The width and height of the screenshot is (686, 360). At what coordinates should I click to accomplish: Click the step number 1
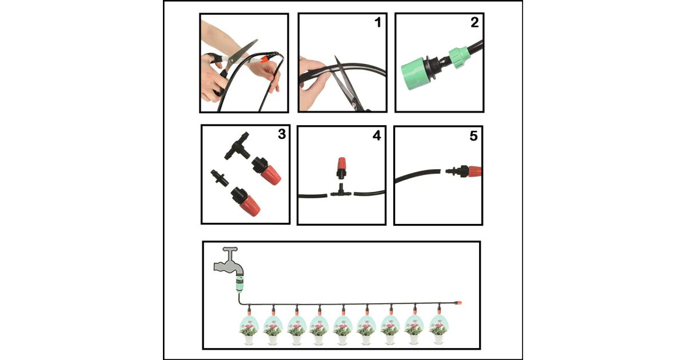coord(378,22)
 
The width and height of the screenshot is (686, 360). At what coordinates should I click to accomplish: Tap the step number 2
coord(474,22)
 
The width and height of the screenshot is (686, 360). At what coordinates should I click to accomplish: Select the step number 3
coord(282,134)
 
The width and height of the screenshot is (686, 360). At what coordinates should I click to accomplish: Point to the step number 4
coord(377,135)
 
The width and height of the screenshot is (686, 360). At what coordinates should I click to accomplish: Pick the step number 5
coord(473,136)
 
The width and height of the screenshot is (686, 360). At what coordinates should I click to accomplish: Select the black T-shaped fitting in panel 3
coord(237,146)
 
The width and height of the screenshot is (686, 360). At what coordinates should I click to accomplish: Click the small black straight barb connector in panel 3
coord(220,178)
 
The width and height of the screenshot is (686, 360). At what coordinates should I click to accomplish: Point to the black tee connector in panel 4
coord(341,192)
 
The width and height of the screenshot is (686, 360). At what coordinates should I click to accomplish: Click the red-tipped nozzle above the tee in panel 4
coord(341,168)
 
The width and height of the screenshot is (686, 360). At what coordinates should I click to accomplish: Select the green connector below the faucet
coord(240,284)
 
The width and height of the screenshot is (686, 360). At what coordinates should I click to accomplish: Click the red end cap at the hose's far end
coord(458,303)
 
